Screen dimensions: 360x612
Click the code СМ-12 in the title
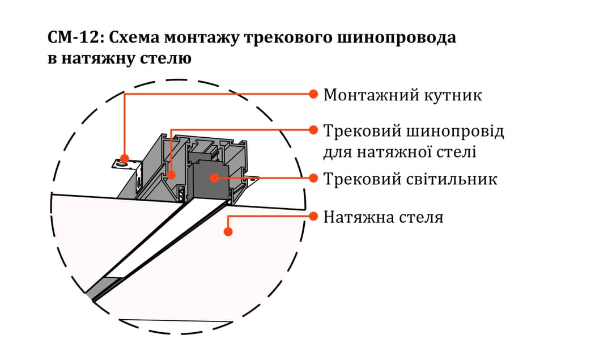tap(73, 39)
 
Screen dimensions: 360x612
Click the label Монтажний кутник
tap(402, 95)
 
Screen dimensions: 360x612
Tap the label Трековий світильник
tap(410, 179)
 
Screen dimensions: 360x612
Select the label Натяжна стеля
tap(383, 217)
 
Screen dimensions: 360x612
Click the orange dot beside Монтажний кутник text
tap(313, 94)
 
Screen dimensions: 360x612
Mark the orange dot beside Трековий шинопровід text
tap(313, 129)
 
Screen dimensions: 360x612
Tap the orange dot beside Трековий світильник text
tap(313, 177)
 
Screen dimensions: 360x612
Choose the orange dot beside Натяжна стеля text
tap(313, 216)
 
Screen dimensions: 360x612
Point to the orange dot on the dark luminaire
tap(214, 178)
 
